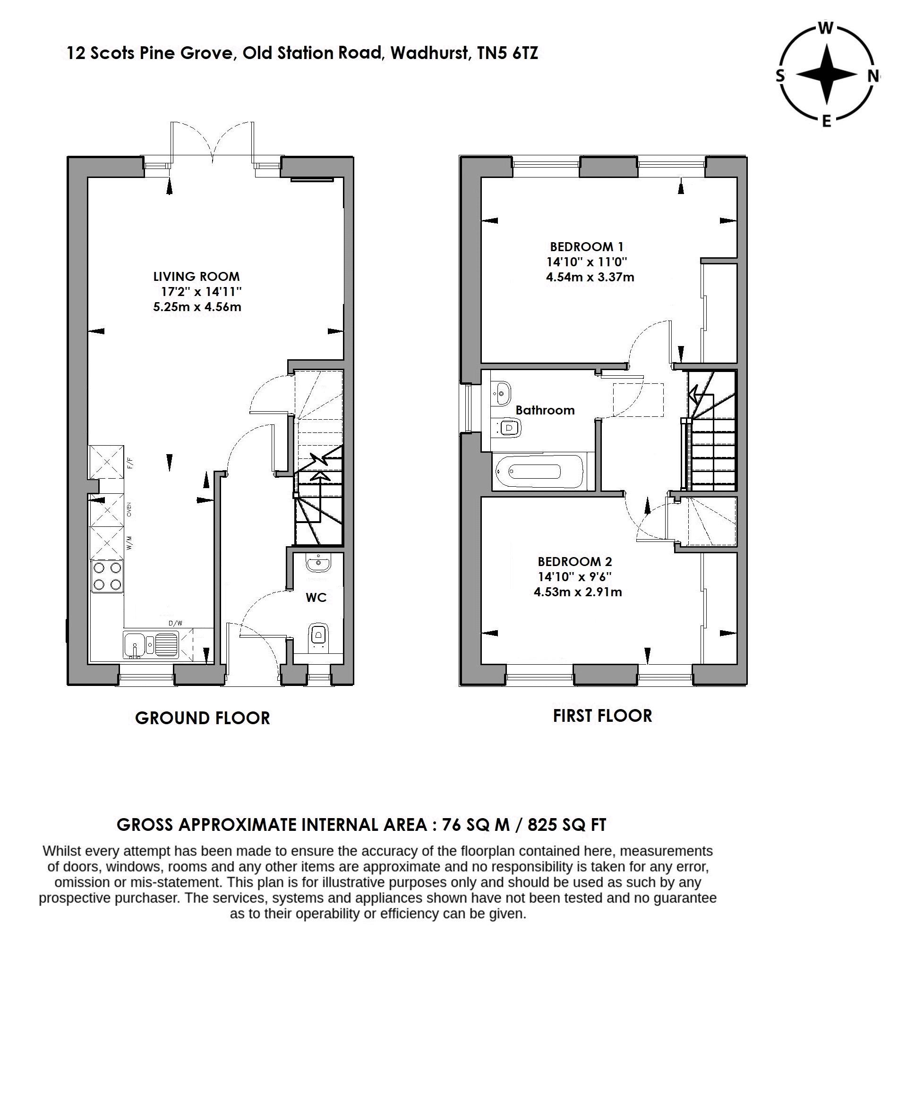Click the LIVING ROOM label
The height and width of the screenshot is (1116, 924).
[196, 276]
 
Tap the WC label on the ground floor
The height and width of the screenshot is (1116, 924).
[316, 597]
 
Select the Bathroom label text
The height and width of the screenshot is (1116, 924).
[545, 410]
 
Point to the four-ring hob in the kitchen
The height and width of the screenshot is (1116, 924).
[107, 576]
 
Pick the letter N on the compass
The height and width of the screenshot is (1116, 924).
[873, 76]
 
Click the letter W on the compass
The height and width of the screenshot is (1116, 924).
[825, 29]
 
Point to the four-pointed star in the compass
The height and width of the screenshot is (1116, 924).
[826, 75]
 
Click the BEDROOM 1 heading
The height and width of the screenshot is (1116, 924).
[586, 246]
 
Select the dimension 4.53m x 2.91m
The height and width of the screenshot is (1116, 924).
[577, 592]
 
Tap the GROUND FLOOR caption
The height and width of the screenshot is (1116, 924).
[203, 718]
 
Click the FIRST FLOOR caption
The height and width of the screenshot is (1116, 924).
[602, 716]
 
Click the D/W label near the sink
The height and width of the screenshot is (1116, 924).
[175, 623]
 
